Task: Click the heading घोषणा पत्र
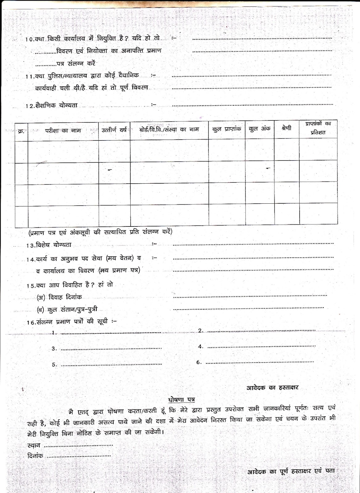coord(182,400)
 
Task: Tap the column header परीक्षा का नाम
coord(63,130)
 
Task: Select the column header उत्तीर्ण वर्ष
coord(114,130)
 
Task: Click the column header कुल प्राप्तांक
coord(227,129)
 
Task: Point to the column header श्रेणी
coord(286,128)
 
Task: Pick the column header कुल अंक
coord(260,129)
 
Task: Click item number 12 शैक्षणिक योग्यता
coord(51,105)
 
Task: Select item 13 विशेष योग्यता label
coord(49,245)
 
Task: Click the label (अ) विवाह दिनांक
coord(59,297)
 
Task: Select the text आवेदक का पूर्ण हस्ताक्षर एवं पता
coord(291,471)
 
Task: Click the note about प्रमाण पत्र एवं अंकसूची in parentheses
coord(100,232)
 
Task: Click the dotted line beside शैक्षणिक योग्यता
coord(252,105)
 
